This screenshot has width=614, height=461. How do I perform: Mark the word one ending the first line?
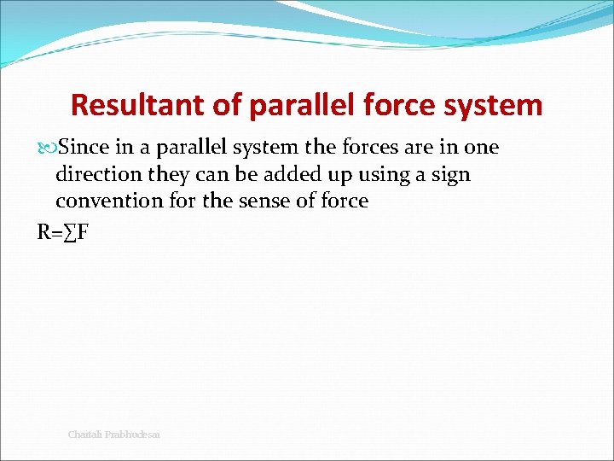[481, 147]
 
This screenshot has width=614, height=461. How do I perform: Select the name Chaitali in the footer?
[85, 435]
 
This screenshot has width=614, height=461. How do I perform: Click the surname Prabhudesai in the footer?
[132, 435]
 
